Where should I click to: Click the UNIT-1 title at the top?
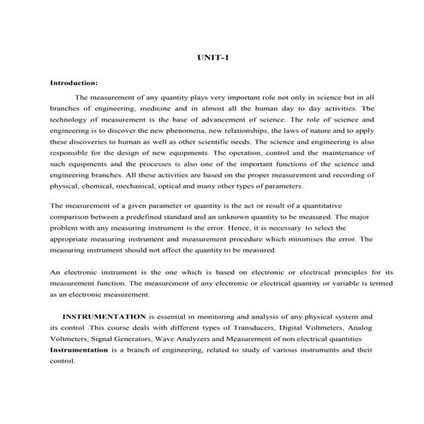point(212,57)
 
